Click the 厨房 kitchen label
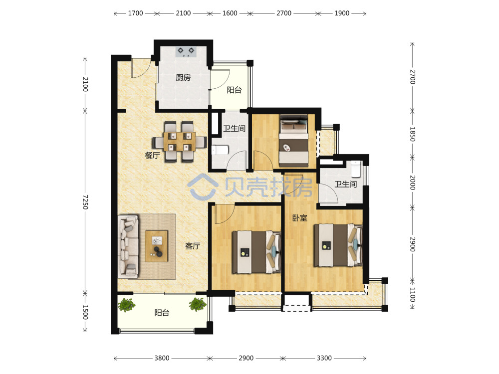(183, 77)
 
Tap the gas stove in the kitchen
(186, 51)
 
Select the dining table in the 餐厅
(180, 142)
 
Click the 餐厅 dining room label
(152, 155)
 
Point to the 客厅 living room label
(193, 246)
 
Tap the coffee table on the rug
(156, 246)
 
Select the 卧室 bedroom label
(300, 218)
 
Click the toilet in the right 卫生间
(356, 169)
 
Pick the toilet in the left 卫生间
(220, 150)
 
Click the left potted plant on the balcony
(127, 305)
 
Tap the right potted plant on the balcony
(198, 304)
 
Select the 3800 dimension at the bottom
(162, 358)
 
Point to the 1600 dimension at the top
(230, 13)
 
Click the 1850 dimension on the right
(412, 134)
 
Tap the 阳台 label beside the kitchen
(234, 90)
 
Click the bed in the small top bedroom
(294, 141)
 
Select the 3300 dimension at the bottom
(324, 358)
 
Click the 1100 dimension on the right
(412, 295)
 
